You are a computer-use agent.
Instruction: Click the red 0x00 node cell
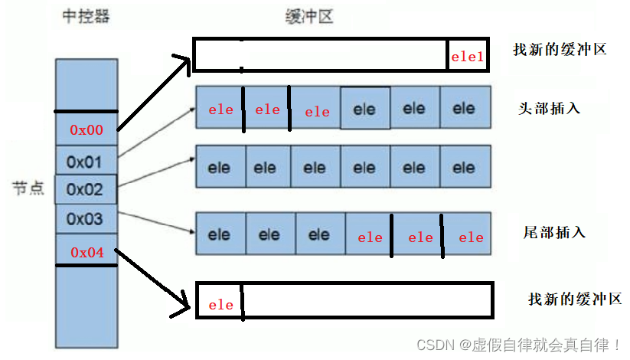click(x=87, y=130)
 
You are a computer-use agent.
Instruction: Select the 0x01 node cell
click(x=85, y=162)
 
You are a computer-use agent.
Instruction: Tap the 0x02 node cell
click(x=85, y=188)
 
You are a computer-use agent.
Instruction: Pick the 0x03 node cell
click(x=85, y=219)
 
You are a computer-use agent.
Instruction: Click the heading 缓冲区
click(x=311, y=16)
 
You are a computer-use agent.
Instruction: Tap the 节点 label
click(x=28, y=188)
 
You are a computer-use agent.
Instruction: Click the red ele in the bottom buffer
click(x=220, y=305)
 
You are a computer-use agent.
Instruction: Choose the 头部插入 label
click(x=549, y=108)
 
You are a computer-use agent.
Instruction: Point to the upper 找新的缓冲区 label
click(x=560, y=50)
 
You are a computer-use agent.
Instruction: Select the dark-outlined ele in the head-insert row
click(x=364, y=109)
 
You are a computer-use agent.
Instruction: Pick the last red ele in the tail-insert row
click(x=471, y=237)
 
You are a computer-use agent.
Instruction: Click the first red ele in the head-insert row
click(x=220, y=110)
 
